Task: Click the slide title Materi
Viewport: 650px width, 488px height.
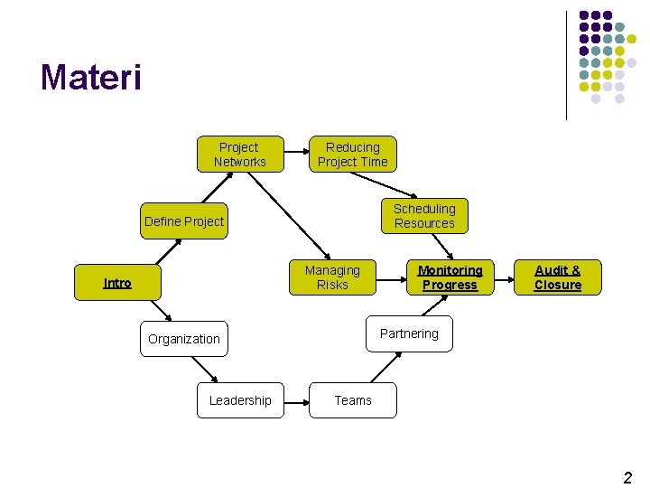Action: point(91,78)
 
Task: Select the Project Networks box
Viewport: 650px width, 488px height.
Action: point(240,155)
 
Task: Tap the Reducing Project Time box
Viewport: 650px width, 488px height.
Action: point(352,155)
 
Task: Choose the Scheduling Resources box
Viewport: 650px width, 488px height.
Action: point(424,216)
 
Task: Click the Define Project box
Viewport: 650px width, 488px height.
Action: point(184,221)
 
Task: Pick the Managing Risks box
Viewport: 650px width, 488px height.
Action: point(332,277)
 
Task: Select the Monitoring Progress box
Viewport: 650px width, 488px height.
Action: point(450,277)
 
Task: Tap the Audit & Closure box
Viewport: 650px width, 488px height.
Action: point(558,277)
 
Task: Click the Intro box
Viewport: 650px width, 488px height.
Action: point(117,283)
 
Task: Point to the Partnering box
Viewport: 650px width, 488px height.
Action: point(409,333)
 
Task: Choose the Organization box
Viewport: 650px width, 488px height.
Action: point(184,339)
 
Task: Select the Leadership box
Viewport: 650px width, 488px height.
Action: point(240,400)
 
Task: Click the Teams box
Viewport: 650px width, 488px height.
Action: point(352,400)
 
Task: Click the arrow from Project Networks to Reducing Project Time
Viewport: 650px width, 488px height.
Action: point(296,155)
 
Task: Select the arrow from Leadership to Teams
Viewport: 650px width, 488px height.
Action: point(296,400)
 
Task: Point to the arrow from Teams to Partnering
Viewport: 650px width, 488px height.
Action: point(384,368)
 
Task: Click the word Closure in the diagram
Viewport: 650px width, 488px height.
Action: point(558,285)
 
